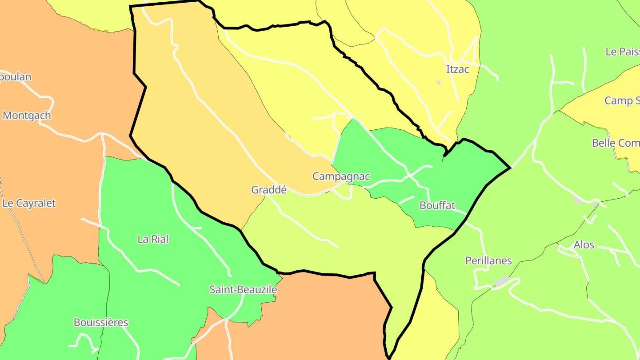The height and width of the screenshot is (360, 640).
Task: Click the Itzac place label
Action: (x=457, y=69)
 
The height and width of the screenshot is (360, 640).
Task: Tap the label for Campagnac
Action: (x=341, y=176)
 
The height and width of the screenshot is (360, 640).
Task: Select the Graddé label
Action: (x=269, y=190)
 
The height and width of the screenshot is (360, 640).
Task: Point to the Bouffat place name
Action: (x=437, y=205)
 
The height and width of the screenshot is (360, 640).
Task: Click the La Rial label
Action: (x=153, y=239)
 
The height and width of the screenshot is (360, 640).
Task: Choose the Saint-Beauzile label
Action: (x=243, y=290)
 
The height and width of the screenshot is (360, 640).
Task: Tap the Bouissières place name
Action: (x=101, y=323)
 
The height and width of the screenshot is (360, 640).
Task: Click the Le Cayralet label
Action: (x=29, y=203)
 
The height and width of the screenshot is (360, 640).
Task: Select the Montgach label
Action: (x=27, y=116)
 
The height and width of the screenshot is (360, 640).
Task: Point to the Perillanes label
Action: (x=488, y=260)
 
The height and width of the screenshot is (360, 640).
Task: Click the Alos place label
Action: (x=584, y=245)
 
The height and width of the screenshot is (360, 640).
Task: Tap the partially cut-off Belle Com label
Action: (x=616, y=143)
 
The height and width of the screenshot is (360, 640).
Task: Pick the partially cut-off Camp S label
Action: (x=622, y=101)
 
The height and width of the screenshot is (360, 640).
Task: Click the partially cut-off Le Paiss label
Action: (x=622, y=52)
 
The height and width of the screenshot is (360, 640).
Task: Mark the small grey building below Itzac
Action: (x=439, y=82)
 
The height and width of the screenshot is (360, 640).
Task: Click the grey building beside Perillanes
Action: (x=502, y=280)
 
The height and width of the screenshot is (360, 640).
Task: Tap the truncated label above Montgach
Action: (x=16, y=77)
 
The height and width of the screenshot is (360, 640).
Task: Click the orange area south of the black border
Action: (x=320, y=311)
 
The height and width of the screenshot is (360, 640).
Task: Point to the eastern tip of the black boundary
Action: (x=510, y=168)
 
